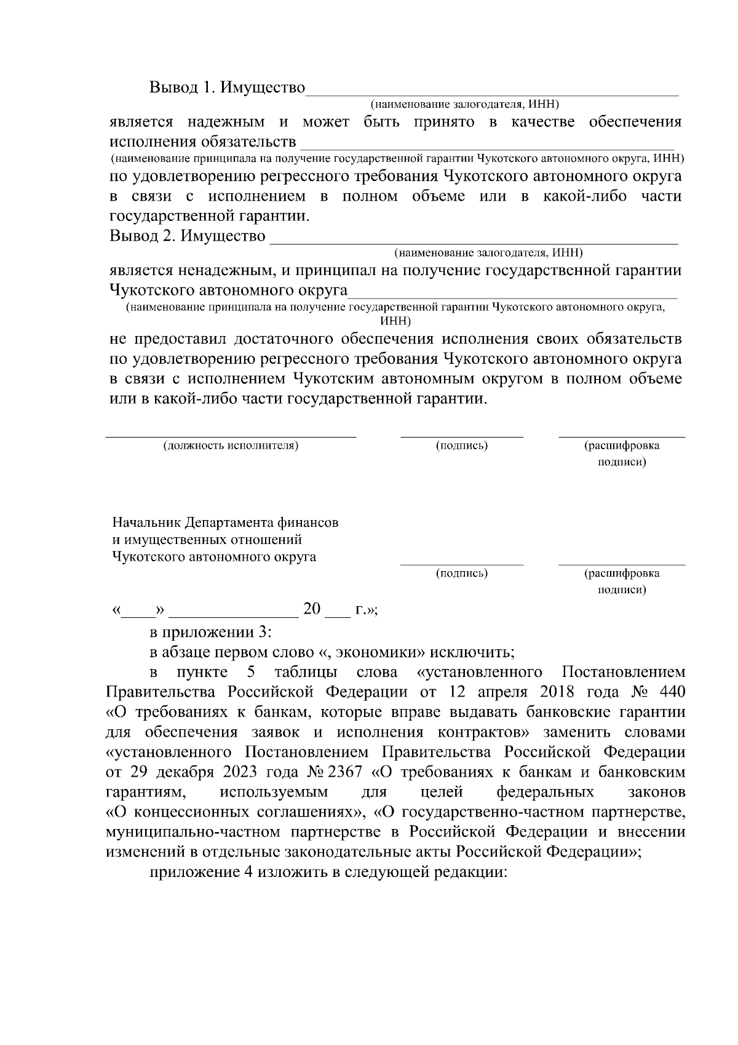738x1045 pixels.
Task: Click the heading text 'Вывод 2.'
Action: [143, 236]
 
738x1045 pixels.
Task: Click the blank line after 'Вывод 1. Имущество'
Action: [492, 94]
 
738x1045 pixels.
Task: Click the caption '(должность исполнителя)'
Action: [231, 446]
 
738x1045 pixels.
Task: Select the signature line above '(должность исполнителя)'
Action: [231, 436]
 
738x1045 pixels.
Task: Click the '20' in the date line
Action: [312, 610]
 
